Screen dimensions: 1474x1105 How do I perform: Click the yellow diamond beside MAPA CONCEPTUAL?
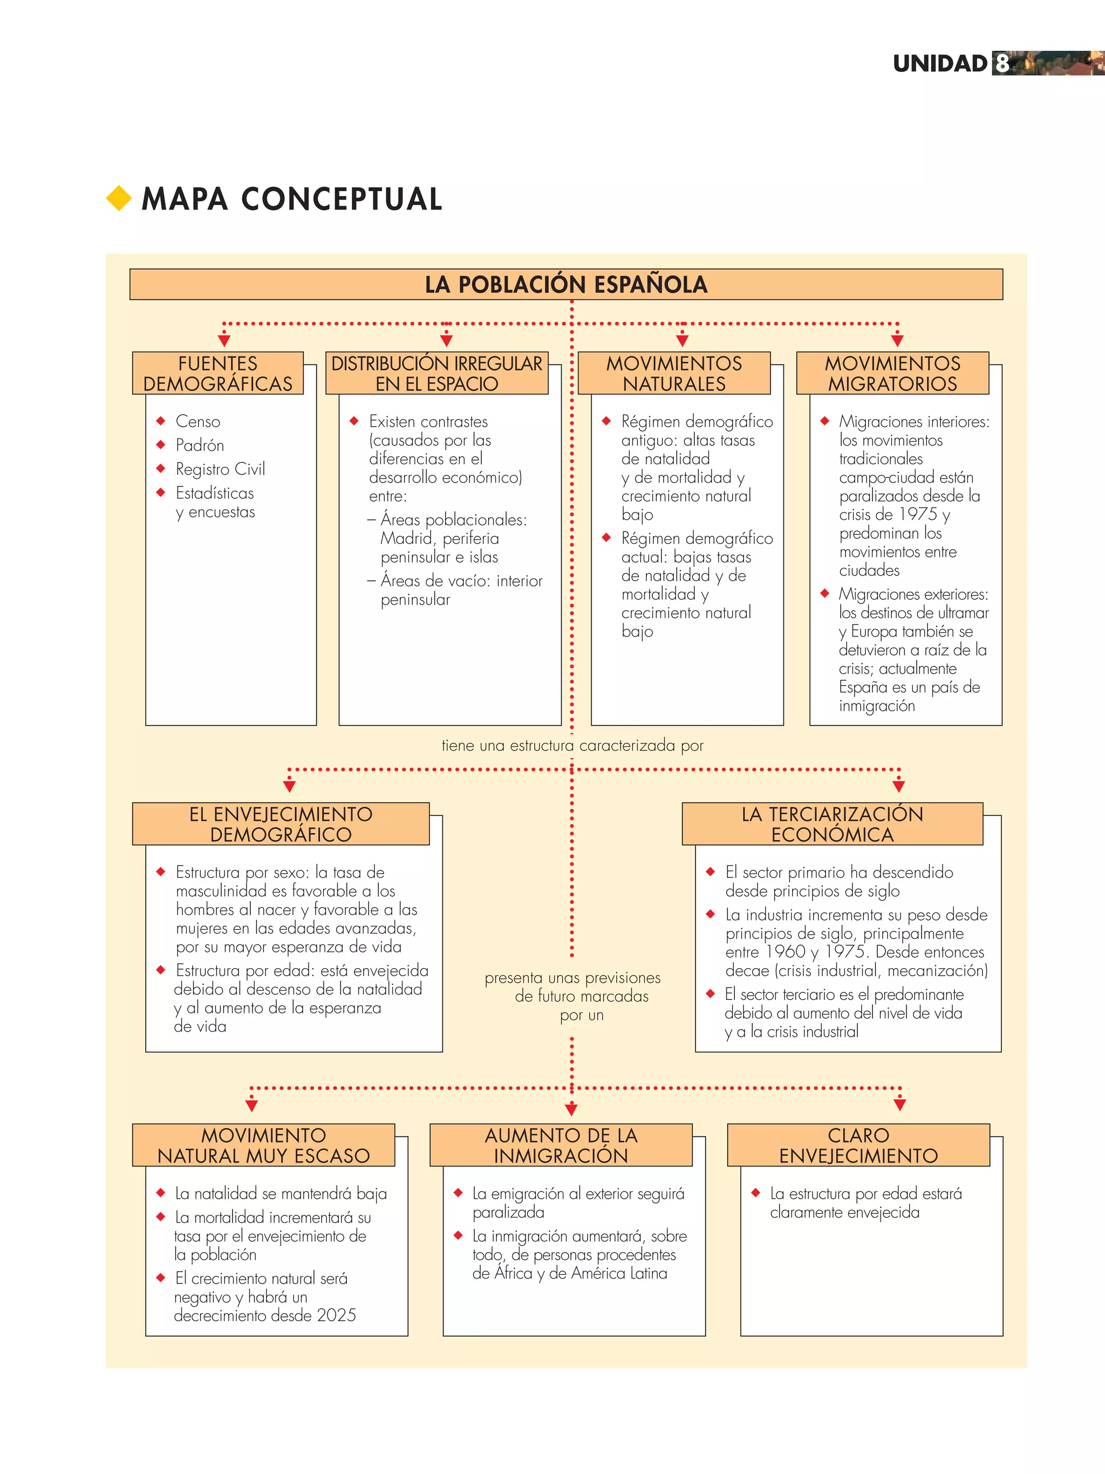click(119, 198)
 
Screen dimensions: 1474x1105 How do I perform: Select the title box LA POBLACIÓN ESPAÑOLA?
click(565, 285)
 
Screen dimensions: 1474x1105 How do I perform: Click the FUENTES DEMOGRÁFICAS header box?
click(218, 373)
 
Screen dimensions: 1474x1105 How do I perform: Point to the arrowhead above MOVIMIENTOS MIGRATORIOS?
click(897, 341)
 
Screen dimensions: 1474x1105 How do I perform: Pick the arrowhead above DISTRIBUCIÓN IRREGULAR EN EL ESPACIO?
click(446, 341)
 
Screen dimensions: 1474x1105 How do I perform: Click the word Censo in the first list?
click(198, 422)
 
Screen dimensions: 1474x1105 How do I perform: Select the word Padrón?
click(200, 445)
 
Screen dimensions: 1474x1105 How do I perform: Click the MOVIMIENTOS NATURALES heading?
click(674, 373)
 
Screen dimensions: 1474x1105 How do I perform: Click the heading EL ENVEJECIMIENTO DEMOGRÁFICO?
click(281, 824)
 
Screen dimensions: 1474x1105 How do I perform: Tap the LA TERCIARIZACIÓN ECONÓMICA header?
click(832, 824)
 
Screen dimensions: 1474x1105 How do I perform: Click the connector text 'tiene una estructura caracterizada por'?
click(572, 746)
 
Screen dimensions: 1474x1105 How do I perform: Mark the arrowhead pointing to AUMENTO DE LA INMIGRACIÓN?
click(571, 1110)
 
